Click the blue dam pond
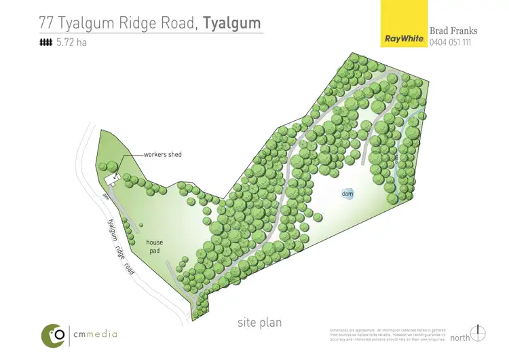[x=347, y=194]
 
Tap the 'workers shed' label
[x=162, y=154]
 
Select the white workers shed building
[x=111, y=179]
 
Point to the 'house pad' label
[x=154, y=246]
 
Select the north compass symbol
[x=480, y=333]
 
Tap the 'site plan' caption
[x=259, y=322]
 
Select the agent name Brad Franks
[x=453, y=31]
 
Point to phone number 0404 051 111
[x=452, y=42]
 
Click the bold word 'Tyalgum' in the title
[x=231, y=22]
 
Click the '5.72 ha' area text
[x=71, y=43]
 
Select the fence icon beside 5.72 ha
[x=46, y=43]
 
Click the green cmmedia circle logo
[x=54, y=334]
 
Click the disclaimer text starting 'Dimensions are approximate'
[x=387, y=334]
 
